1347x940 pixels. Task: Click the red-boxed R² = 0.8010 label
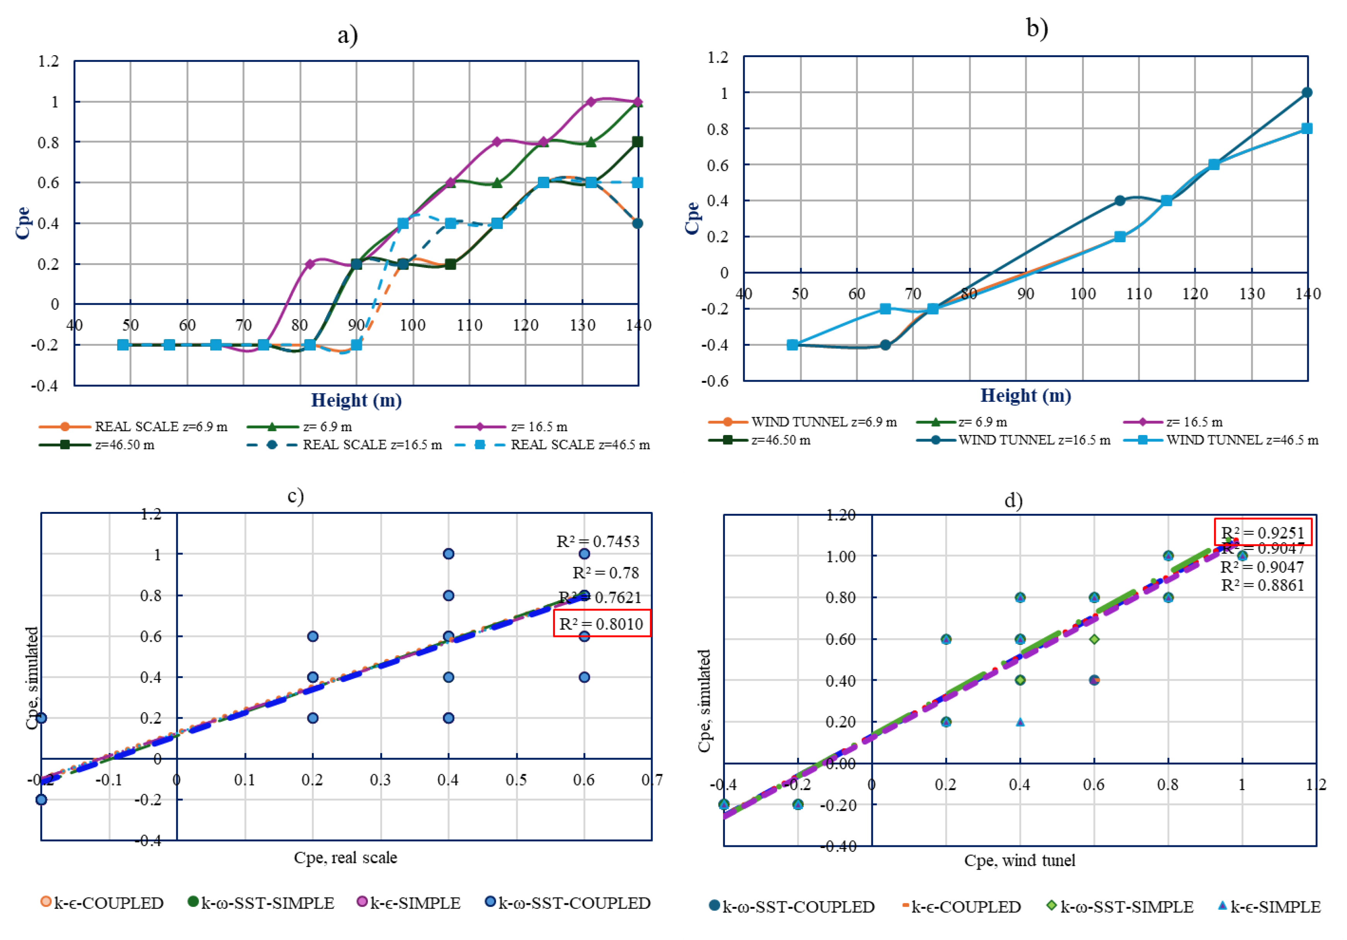[x=601, y=624]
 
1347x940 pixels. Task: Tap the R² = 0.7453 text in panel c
[x=597, y=541]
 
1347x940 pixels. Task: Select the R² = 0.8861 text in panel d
[x=1262, y=585]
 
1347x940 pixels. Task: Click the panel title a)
[x=347, y=35]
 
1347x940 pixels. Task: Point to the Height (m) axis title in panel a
[x=356, y=400]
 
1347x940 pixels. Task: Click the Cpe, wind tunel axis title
[x=1020, y=860]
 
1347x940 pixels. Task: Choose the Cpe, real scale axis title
[x=345, y=858]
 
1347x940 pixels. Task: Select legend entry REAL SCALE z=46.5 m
[x=580, y=445]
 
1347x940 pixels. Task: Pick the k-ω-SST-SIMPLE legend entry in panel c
[x=267, y=903]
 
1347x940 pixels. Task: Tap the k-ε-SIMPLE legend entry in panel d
[x=1275, y=906]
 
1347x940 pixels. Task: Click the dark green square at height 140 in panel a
[x=638, y=142]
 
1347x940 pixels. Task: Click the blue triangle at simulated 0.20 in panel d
[x=1020, y=722]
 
